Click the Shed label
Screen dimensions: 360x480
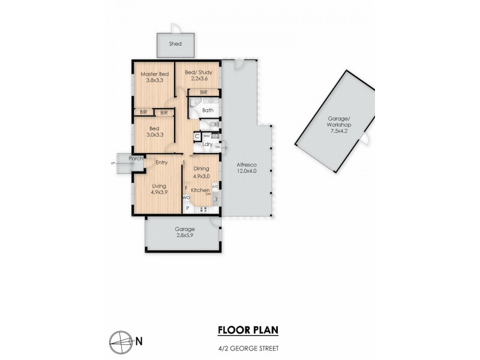coord(175,44)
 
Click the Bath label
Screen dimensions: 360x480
coord(208,110)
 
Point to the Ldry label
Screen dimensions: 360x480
coord(207,144)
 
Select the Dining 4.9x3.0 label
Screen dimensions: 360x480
coord(201,173)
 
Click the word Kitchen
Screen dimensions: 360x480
coord(200,190)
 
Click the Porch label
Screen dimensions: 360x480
coord(136,158)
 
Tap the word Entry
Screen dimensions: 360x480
coord(161,163)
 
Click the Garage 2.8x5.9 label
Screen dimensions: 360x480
coord(183,233)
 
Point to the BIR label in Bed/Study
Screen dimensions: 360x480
coord(203,92)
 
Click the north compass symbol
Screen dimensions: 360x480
coord(122,341)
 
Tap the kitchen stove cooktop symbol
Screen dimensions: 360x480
coord(203,209)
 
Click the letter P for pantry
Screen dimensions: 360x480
coord(187,208)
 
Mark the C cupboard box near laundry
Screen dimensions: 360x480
coord(197,137)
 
